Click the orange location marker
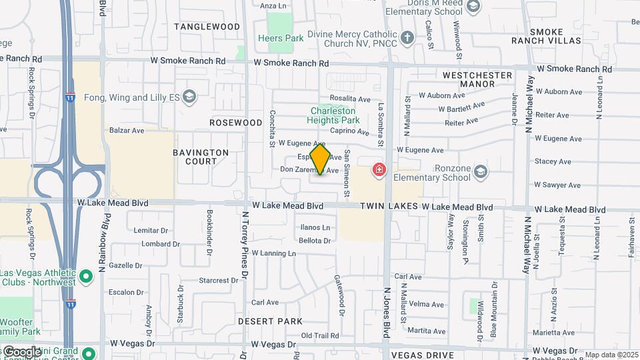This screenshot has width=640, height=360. [321, 159]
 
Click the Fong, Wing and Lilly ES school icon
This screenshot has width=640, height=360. [189, 97]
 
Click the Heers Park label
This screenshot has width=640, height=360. [281, 38]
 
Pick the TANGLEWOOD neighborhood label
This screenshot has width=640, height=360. [207, 27]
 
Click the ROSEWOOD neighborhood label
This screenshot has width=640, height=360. [236, 123]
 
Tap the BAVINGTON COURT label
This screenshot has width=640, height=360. [201, 157]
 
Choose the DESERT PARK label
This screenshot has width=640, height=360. [271, 321]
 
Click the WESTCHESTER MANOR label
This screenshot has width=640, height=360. [477, 79]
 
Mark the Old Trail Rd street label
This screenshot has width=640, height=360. [320, 335]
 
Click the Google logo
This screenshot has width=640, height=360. [21, 351]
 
